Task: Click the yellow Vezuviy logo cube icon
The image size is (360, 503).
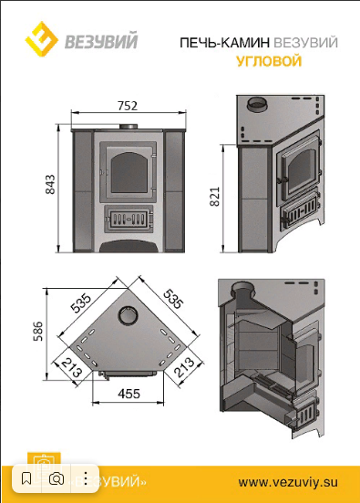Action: tap(42, 39)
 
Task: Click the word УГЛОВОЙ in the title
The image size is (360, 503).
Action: tap(269, 61)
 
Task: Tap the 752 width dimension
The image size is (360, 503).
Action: tap(128, 106)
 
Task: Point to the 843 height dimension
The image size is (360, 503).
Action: tap(50, 184)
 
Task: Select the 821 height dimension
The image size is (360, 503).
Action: tap(215, 196)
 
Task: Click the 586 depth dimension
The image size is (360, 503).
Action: tap(38, 331)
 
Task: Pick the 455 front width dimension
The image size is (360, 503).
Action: tap(129, 394)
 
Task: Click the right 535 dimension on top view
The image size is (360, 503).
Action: tap(173, 299)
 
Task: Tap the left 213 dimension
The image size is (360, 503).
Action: tap(72, 367)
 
